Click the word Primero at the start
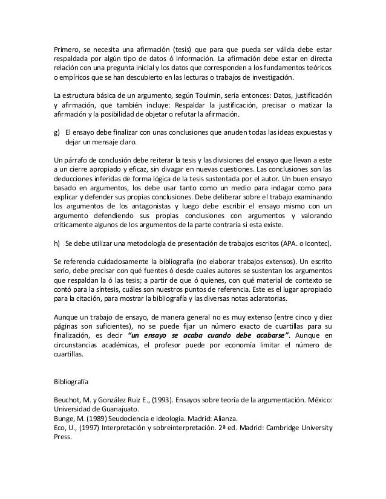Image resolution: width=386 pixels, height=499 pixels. (67, 49)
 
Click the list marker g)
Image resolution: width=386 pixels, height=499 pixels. (57, 132)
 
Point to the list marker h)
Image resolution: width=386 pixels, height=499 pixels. (57, 243)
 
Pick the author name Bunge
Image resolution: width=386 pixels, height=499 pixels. (64, 419)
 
